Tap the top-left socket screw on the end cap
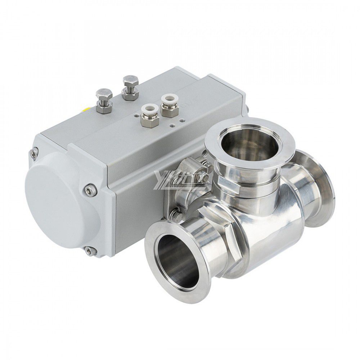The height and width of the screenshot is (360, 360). click(33, 153)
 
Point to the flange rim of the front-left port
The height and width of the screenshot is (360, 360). click(151, 252)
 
